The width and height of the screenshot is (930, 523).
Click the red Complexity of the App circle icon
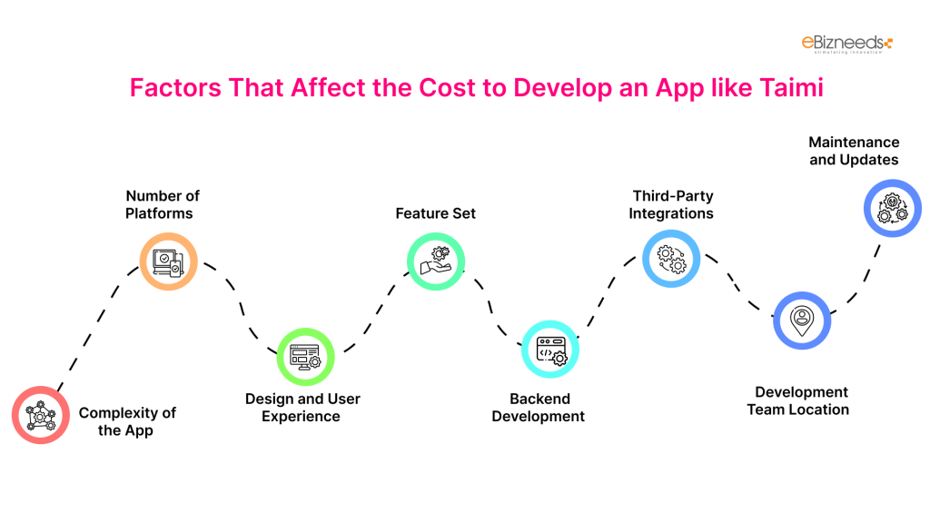[41, 416]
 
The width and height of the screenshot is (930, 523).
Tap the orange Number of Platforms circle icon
[168, 261]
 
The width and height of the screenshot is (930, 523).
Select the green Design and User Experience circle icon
[305, 357]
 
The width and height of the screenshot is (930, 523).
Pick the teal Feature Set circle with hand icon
[435, 261]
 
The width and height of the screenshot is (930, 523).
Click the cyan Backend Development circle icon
[550, 349]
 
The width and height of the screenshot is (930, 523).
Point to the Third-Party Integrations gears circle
[671, 259]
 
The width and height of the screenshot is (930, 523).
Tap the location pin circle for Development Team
[801, 320]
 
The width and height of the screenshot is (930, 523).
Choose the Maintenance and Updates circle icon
[891, 208]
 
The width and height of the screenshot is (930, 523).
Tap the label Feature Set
[435, 213]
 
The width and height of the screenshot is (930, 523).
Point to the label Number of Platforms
[163, 204]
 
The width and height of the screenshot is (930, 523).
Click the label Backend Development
[539, 408]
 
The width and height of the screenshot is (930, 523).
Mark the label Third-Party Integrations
[673, 204]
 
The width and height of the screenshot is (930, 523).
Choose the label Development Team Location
[798, 400]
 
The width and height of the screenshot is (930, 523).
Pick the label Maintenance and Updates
[854, 151]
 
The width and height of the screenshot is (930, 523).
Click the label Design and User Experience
[302, 408]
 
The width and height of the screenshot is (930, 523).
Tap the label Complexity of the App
[126, 421]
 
